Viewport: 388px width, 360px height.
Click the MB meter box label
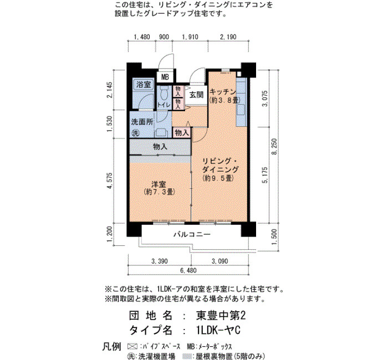(165, 77)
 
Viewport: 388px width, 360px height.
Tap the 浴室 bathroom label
(144, 85)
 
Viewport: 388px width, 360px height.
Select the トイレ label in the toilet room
(164, 105)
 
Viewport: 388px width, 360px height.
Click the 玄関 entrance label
(196, 95)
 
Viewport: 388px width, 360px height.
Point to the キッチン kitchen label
(223, 92)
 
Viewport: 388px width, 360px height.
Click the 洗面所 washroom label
(142, 122)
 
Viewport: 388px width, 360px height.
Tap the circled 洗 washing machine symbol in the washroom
(135, 133)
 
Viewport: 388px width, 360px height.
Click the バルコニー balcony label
(192, 234)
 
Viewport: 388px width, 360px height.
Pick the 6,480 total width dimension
(188, 270)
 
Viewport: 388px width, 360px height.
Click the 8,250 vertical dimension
(274, 147)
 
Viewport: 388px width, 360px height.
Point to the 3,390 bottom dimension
(160, 261)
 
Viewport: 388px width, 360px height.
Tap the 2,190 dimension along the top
(228, 37)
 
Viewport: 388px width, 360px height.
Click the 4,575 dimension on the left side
(109, 181)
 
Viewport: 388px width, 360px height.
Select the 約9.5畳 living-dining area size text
(218, 178)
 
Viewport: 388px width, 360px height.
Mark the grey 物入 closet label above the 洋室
(160, 147)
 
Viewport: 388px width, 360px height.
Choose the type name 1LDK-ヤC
(217, 330)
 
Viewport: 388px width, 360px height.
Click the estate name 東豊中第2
(221, 316)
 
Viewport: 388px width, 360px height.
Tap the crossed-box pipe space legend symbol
(132, 346)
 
